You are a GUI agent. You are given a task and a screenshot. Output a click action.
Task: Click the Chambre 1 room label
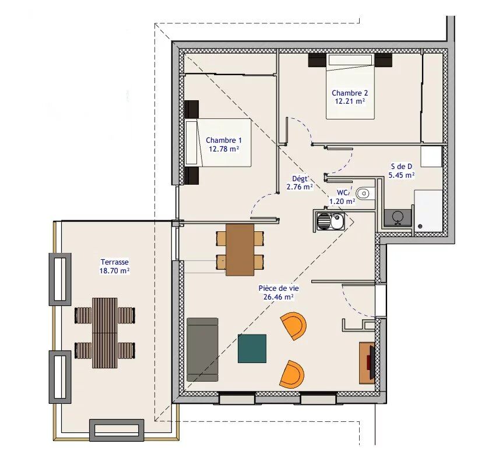(x=223, y=140)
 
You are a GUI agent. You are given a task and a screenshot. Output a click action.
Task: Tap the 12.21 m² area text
(x=349, y=101)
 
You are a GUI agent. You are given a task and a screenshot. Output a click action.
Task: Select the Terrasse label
(x=114, y=263)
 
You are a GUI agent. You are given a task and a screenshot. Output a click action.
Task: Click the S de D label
(x=402, y=166)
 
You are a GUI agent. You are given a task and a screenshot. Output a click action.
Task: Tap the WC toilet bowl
(x=364, y=192)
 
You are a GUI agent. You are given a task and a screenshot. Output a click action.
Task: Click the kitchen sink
(x=330, y=221)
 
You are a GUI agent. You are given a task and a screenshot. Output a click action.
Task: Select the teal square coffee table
(x=252, y=348)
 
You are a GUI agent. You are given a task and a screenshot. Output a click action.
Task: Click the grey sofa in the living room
(x=202, y=350)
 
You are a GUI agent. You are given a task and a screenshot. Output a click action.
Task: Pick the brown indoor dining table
(x=240, y=249)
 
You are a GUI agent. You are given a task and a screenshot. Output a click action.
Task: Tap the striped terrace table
(x=105, y=333)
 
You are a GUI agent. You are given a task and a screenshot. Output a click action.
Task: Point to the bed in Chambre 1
(x=218, y=143)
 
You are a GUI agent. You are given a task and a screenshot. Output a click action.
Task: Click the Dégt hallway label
(x=300, y=179)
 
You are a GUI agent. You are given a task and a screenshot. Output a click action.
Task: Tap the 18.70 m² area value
(x=114, y=271)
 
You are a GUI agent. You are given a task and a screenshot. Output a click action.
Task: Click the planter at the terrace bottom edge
(x=116, y=430)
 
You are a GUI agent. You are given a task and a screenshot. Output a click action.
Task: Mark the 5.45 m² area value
(x=402, y=174)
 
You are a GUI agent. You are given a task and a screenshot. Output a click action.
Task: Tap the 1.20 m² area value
(x=342, y=202)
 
